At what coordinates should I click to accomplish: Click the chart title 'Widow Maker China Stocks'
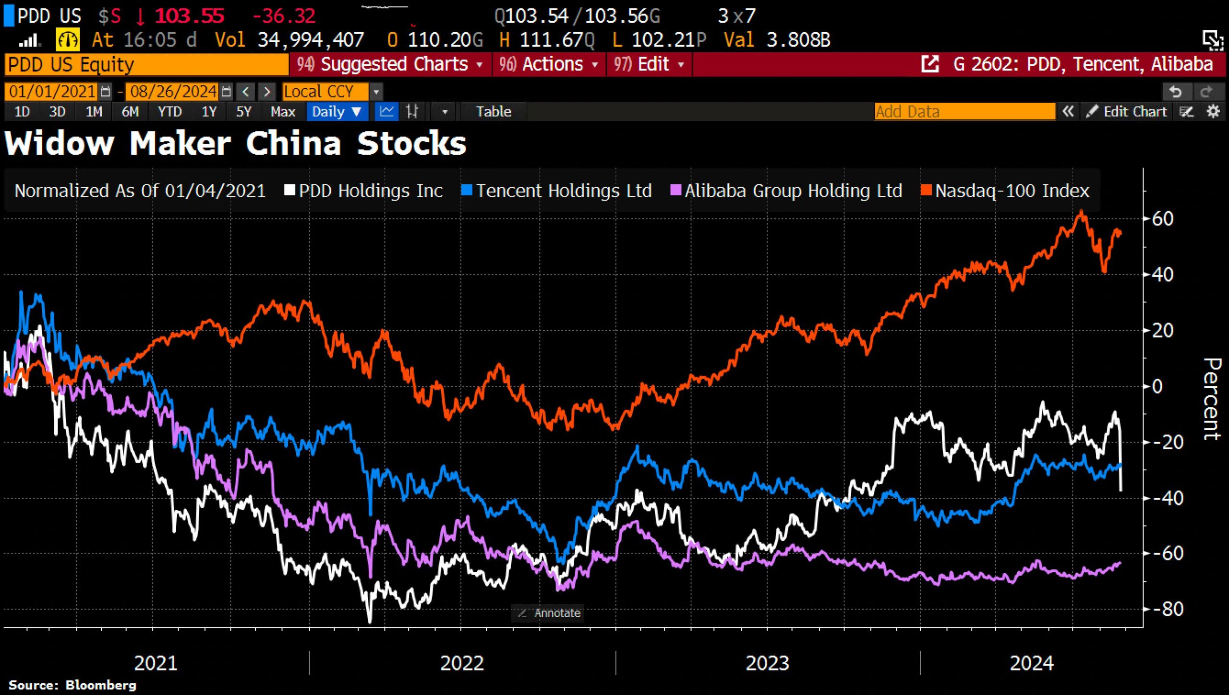pyautogui.click(x=235, y=144)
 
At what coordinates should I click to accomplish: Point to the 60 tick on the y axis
pyautogui.click(x=1162, y=219)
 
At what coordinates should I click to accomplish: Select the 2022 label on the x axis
pyautogui.click(x=462, y=663)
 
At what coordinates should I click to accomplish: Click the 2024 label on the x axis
pyautogui.click(x=1031, y=663)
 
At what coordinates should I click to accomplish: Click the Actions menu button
pyautogui.click(x=548, y=64)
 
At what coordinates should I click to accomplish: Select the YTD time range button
pyautogui.click(x=169, y=112)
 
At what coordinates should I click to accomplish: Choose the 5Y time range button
pyautogui.click(x=243, y=112)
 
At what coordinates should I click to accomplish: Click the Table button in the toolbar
pyautogui.click(x=493, y=112)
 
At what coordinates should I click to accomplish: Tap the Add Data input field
pyautogui.click(x=964, y=112)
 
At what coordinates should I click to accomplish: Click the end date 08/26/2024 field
pyautogui.click(x=173, y=91)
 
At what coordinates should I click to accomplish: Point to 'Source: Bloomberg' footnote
pyautogui.click(x=72, y=685)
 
